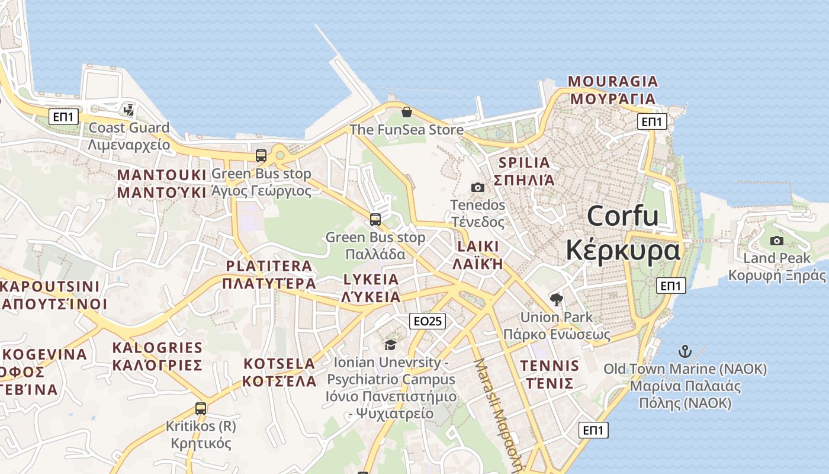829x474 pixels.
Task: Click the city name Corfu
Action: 622,217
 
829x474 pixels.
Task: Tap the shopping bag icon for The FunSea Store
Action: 407,112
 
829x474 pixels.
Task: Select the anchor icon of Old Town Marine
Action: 685,351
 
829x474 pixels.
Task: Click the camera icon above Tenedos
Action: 477,188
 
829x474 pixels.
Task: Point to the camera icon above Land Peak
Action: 776,241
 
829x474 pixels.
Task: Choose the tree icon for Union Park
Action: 556,300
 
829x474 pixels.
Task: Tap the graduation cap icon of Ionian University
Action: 390,345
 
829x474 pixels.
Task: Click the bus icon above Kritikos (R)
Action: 201,409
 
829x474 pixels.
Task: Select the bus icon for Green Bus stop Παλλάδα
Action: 375,220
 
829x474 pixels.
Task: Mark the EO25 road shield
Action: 428,321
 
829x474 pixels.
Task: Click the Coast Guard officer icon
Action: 128,110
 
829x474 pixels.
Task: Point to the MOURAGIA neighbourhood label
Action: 613,82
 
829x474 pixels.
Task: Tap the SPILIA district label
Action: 525,163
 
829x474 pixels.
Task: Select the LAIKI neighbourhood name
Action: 478,246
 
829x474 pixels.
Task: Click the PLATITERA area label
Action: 269,266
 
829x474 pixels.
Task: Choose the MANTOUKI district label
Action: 162,175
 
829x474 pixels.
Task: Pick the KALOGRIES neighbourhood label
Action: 158,348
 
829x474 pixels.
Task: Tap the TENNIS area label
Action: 550,366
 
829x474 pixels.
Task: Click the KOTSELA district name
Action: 279,364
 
